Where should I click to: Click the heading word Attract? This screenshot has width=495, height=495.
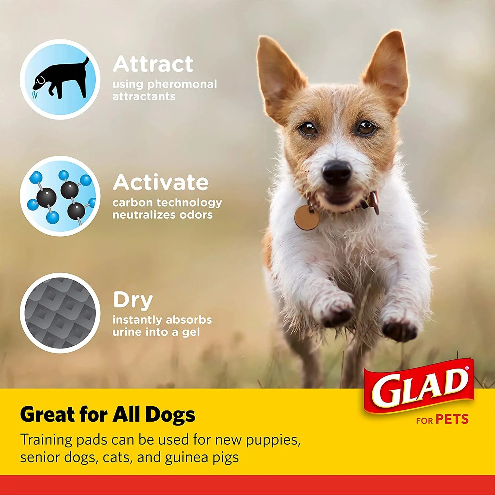point(153,64)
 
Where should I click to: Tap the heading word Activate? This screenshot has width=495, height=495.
point(161,183)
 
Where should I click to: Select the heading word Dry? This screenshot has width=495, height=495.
point(133,300)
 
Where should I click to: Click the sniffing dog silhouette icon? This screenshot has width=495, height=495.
point(60,79)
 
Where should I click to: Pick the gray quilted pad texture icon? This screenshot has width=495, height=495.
point(60,313)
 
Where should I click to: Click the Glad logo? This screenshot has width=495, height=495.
point(420,386)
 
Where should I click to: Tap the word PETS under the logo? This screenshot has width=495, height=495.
point(452,419)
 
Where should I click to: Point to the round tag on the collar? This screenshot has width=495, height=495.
point(307,218)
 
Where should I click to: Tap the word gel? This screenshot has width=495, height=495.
point(191,333)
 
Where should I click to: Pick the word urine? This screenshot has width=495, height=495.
point(127,332)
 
